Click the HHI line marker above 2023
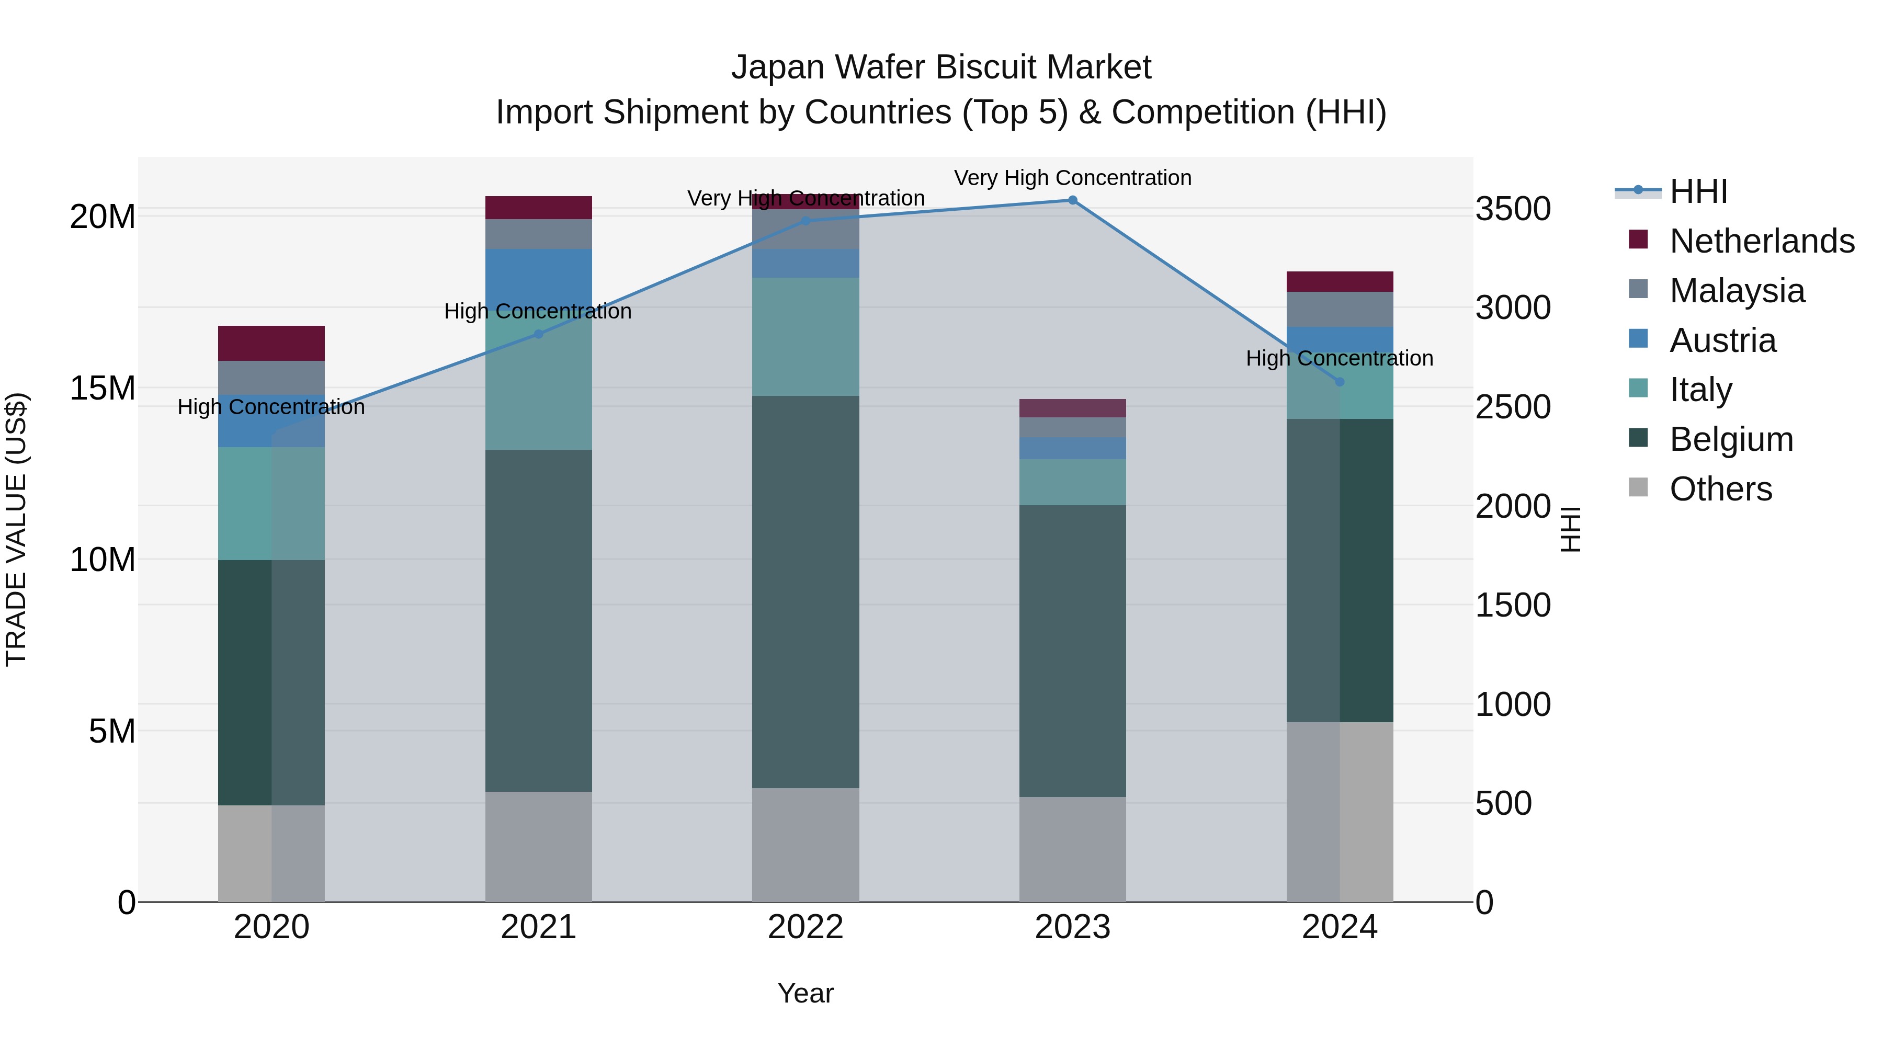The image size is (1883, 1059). (x=1072, y=200)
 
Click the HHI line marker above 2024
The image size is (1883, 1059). (x=1339, y=382)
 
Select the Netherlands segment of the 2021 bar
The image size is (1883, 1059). (x=538, y=208)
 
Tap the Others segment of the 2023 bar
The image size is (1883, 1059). (x=1072, y=849)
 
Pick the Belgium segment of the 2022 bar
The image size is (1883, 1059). (x=806, y=591)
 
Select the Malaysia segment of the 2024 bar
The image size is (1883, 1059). (x=1339, y=309)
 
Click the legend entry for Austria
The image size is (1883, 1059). (x=1722, y=340)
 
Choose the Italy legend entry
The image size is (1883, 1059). (x=1700, y=390)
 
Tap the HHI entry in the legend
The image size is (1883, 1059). (x=1698, y=191)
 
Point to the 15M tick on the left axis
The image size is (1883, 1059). (x=103, y=388)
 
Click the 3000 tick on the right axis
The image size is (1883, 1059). (x=1512, y=308)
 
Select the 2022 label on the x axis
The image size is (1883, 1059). (x=806, y=927)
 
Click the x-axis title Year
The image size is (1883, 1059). (x=805, y=993)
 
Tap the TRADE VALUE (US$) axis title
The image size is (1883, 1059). (x=16, y=529)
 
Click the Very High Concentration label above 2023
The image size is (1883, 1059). (x=1072, y=178)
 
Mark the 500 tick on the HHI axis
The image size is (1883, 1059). (x=1503, y=803)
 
